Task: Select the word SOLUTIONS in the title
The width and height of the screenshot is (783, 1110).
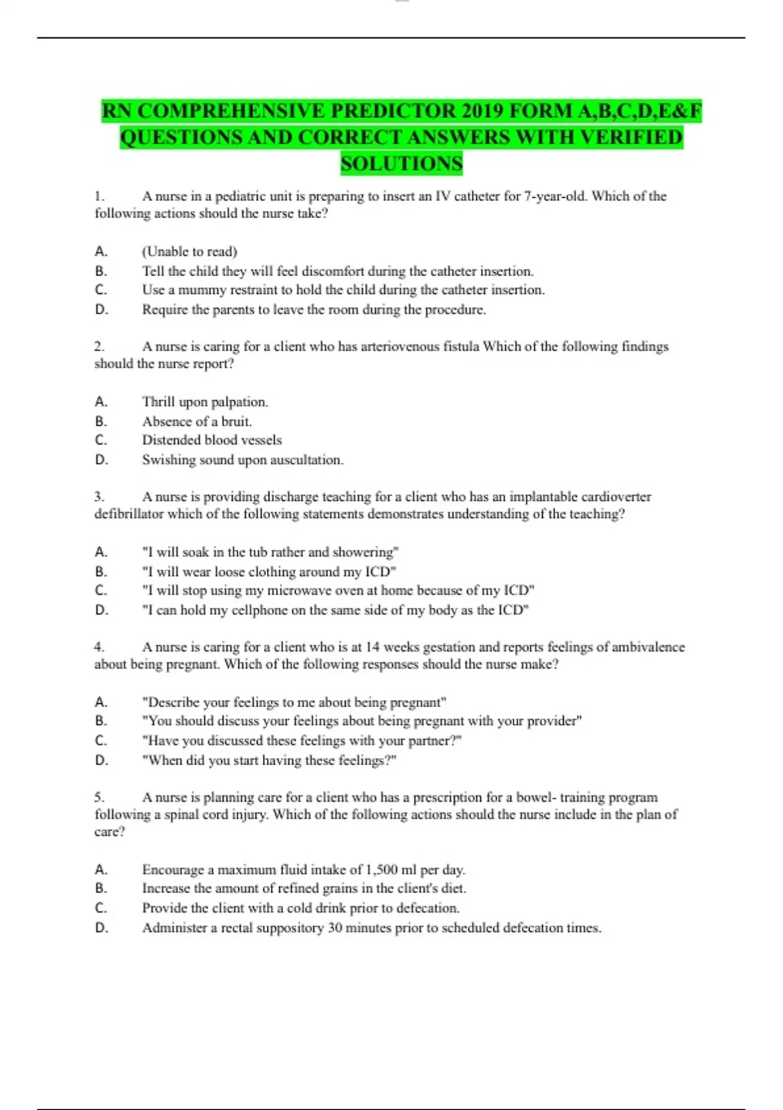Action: click(x=401, y=163)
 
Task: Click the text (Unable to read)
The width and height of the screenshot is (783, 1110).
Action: click(x=189, y=251)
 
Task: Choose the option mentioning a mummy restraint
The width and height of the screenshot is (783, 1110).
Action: click(x=343, y=290)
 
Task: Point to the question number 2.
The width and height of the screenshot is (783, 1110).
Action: click(x=99, y=346)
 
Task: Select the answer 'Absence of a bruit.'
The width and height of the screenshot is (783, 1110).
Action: click(x=197, y=421)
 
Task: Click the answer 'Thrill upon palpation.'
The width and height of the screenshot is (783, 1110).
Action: click(x=205, y=402)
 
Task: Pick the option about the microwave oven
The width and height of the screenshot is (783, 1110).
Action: click(x=338, y=590)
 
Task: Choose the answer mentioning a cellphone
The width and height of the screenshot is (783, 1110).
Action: click(x=335, y=610)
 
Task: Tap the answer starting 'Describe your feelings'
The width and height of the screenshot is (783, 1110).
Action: click(x=294, y=703)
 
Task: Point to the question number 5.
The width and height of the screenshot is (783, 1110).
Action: click(x=99, y=797)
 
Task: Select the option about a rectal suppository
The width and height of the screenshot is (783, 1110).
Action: click(x=371, y=928)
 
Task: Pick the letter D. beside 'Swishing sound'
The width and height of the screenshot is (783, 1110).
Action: click(x=101, y=460)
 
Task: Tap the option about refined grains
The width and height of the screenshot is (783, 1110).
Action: click(x=304, y=889)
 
